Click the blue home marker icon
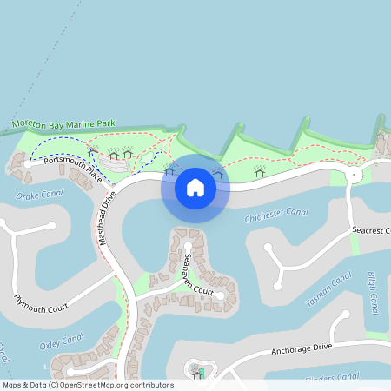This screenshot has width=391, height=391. tap(195, 188)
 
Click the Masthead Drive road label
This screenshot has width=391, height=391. tap(108, 217)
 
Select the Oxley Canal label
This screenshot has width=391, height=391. tap(61, 340)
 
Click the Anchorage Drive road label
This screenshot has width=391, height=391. tap(301, 348)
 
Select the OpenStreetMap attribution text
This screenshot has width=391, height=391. tap(87, 385)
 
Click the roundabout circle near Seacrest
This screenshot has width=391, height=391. tap(354, 175)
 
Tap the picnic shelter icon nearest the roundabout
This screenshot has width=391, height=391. tap(259, 171)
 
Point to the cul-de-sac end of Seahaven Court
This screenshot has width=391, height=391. tap(221, 296)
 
